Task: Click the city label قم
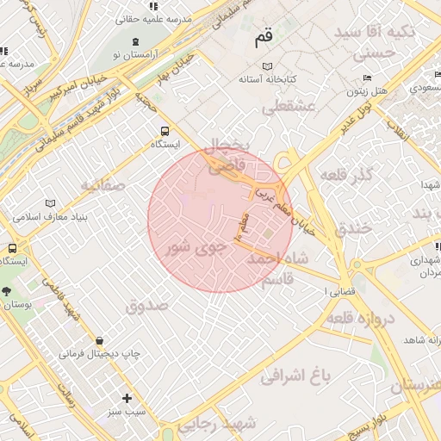(x=264, y=39)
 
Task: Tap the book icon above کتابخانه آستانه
(x=267, y=66)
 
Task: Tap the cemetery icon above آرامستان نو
(x=135, y=41)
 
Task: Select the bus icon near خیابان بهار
(x=164, y=131)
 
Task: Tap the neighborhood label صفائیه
(x=103, y=185)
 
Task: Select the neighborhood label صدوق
(x=144, y=305)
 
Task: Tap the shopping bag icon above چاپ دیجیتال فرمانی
(x=102, y=341)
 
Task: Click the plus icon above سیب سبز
(x=127, y=398)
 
